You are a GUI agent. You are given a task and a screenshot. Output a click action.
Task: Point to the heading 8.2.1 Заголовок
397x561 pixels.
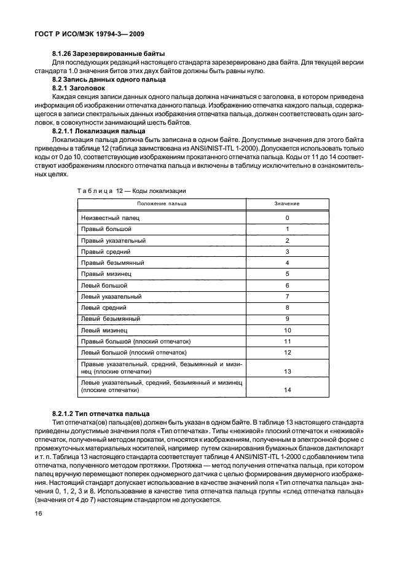[81, 88]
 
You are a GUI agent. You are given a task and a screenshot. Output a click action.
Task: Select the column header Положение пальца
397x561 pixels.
[162, 203]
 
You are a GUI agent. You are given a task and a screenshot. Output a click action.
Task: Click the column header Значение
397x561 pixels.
[287, 203]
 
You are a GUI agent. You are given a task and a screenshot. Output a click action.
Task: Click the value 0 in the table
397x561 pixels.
[287, 218]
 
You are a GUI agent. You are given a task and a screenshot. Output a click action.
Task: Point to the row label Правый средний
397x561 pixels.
[105, 252]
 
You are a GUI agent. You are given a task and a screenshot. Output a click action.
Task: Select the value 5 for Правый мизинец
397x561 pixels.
[287, 274]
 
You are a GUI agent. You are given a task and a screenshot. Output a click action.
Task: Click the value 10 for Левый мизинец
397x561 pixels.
[287, 331]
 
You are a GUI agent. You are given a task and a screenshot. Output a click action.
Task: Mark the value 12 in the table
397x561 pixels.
[287, 353]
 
